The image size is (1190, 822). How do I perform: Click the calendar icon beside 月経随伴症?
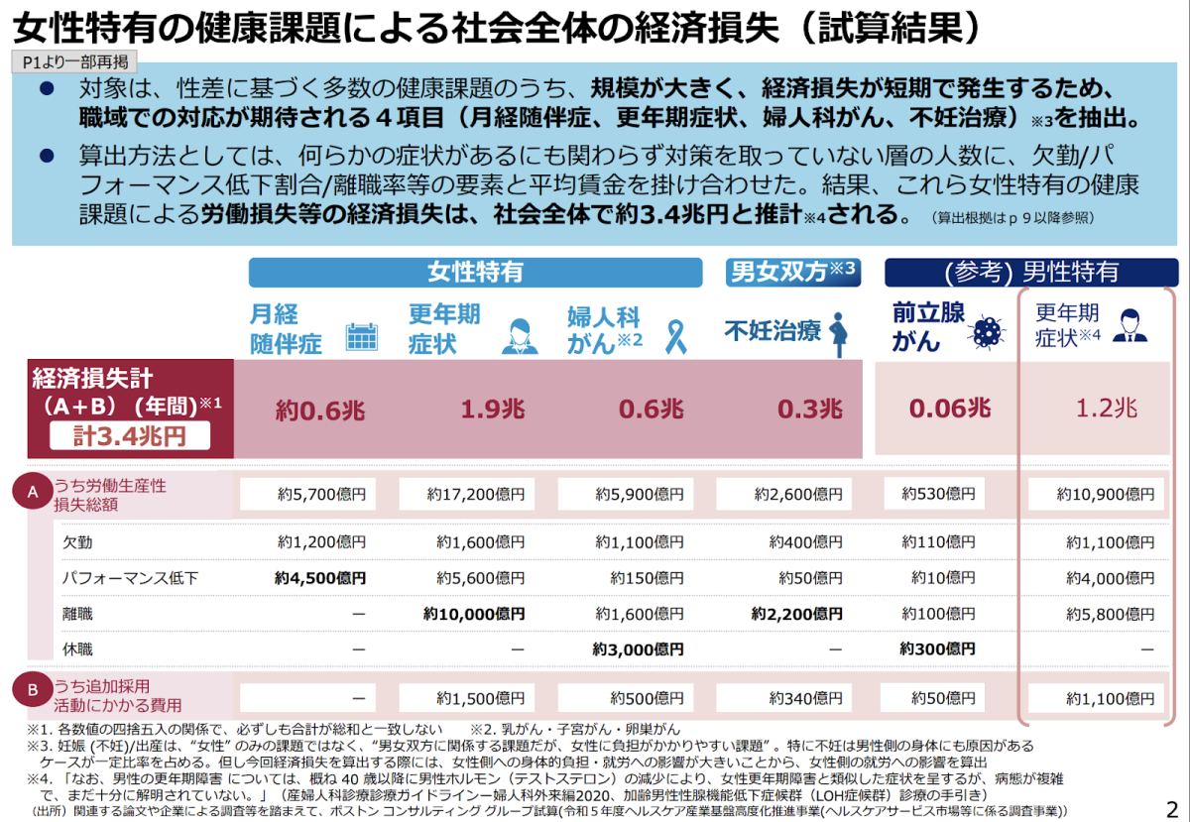pyautogui.click(x=361, y=337)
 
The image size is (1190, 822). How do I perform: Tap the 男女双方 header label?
pyautogui.click(x=791, y=272)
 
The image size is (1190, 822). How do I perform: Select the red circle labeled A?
pyautogui.click(x=33, y=491)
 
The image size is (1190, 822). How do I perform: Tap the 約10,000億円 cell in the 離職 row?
pyautogui.click(x=474, y=614)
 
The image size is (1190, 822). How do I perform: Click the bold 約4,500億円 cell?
pyautogui.click(x=320, y=578)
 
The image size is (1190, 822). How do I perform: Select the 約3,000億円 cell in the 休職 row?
pyautogui.click(x=638, y=649)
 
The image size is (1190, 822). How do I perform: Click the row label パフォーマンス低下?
pyautogui.click(x=129, y=578)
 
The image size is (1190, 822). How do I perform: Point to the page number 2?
pyautogui.click(x=1173, y=808)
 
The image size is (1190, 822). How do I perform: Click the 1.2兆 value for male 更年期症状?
pyautogui.click(x=1108, y=408)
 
